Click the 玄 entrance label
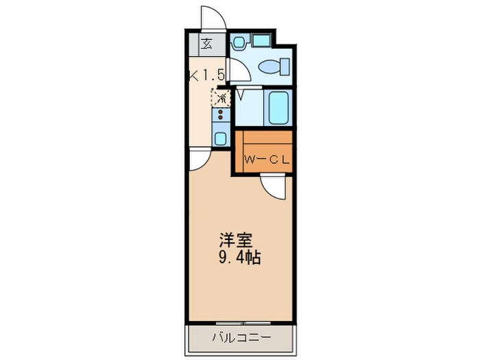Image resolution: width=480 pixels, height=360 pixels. tap(206, 45)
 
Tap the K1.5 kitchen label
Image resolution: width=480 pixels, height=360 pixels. tap(208, 75)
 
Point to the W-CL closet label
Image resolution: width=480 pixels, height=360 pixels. tap(266, 160)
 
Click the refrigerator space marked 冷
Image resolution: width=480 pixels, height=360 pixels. tap(221, 97)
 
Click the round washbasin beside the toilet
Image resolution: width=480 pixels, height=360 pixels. tap(239, 43)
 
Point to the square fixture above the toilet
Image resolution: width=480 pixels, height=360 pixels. tap(261, 41)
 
